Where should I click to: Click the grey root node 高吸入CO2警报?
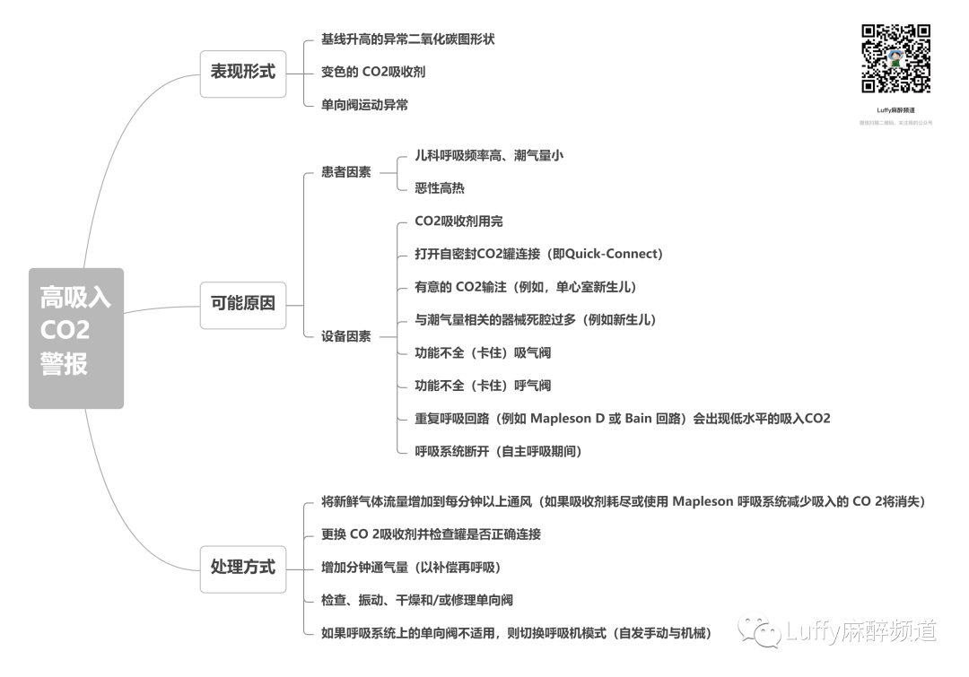click(76, 338)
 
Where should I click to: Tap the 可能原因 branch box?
click(243, 304)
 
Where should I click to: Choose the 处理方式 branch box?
click(243, 568)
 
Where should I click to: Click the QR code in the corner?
click(895, 58)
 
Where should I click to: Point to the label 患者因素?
click(345, 172)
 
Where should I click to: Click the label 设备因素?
click(345, 337)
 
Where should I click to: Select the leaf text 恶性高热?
click(440, 188)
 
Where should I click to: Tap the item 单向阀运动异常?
click(364, 105)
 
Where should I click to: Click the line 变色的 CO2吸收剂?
click(373, 72)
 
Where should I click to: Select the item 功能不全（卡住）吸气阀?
click(483, 353)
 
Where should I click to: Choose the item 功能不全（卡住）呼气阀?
click(483, 386)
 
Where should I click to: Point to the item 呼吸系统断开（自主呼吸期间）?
click(499, 452)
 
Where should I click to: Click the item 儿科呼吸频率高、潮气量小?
click(489, 155)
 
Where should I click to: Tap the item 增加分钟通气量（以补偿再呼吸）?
click(411, 568)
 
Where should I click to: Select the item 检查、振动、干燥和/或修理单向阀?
click(417, 601)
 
